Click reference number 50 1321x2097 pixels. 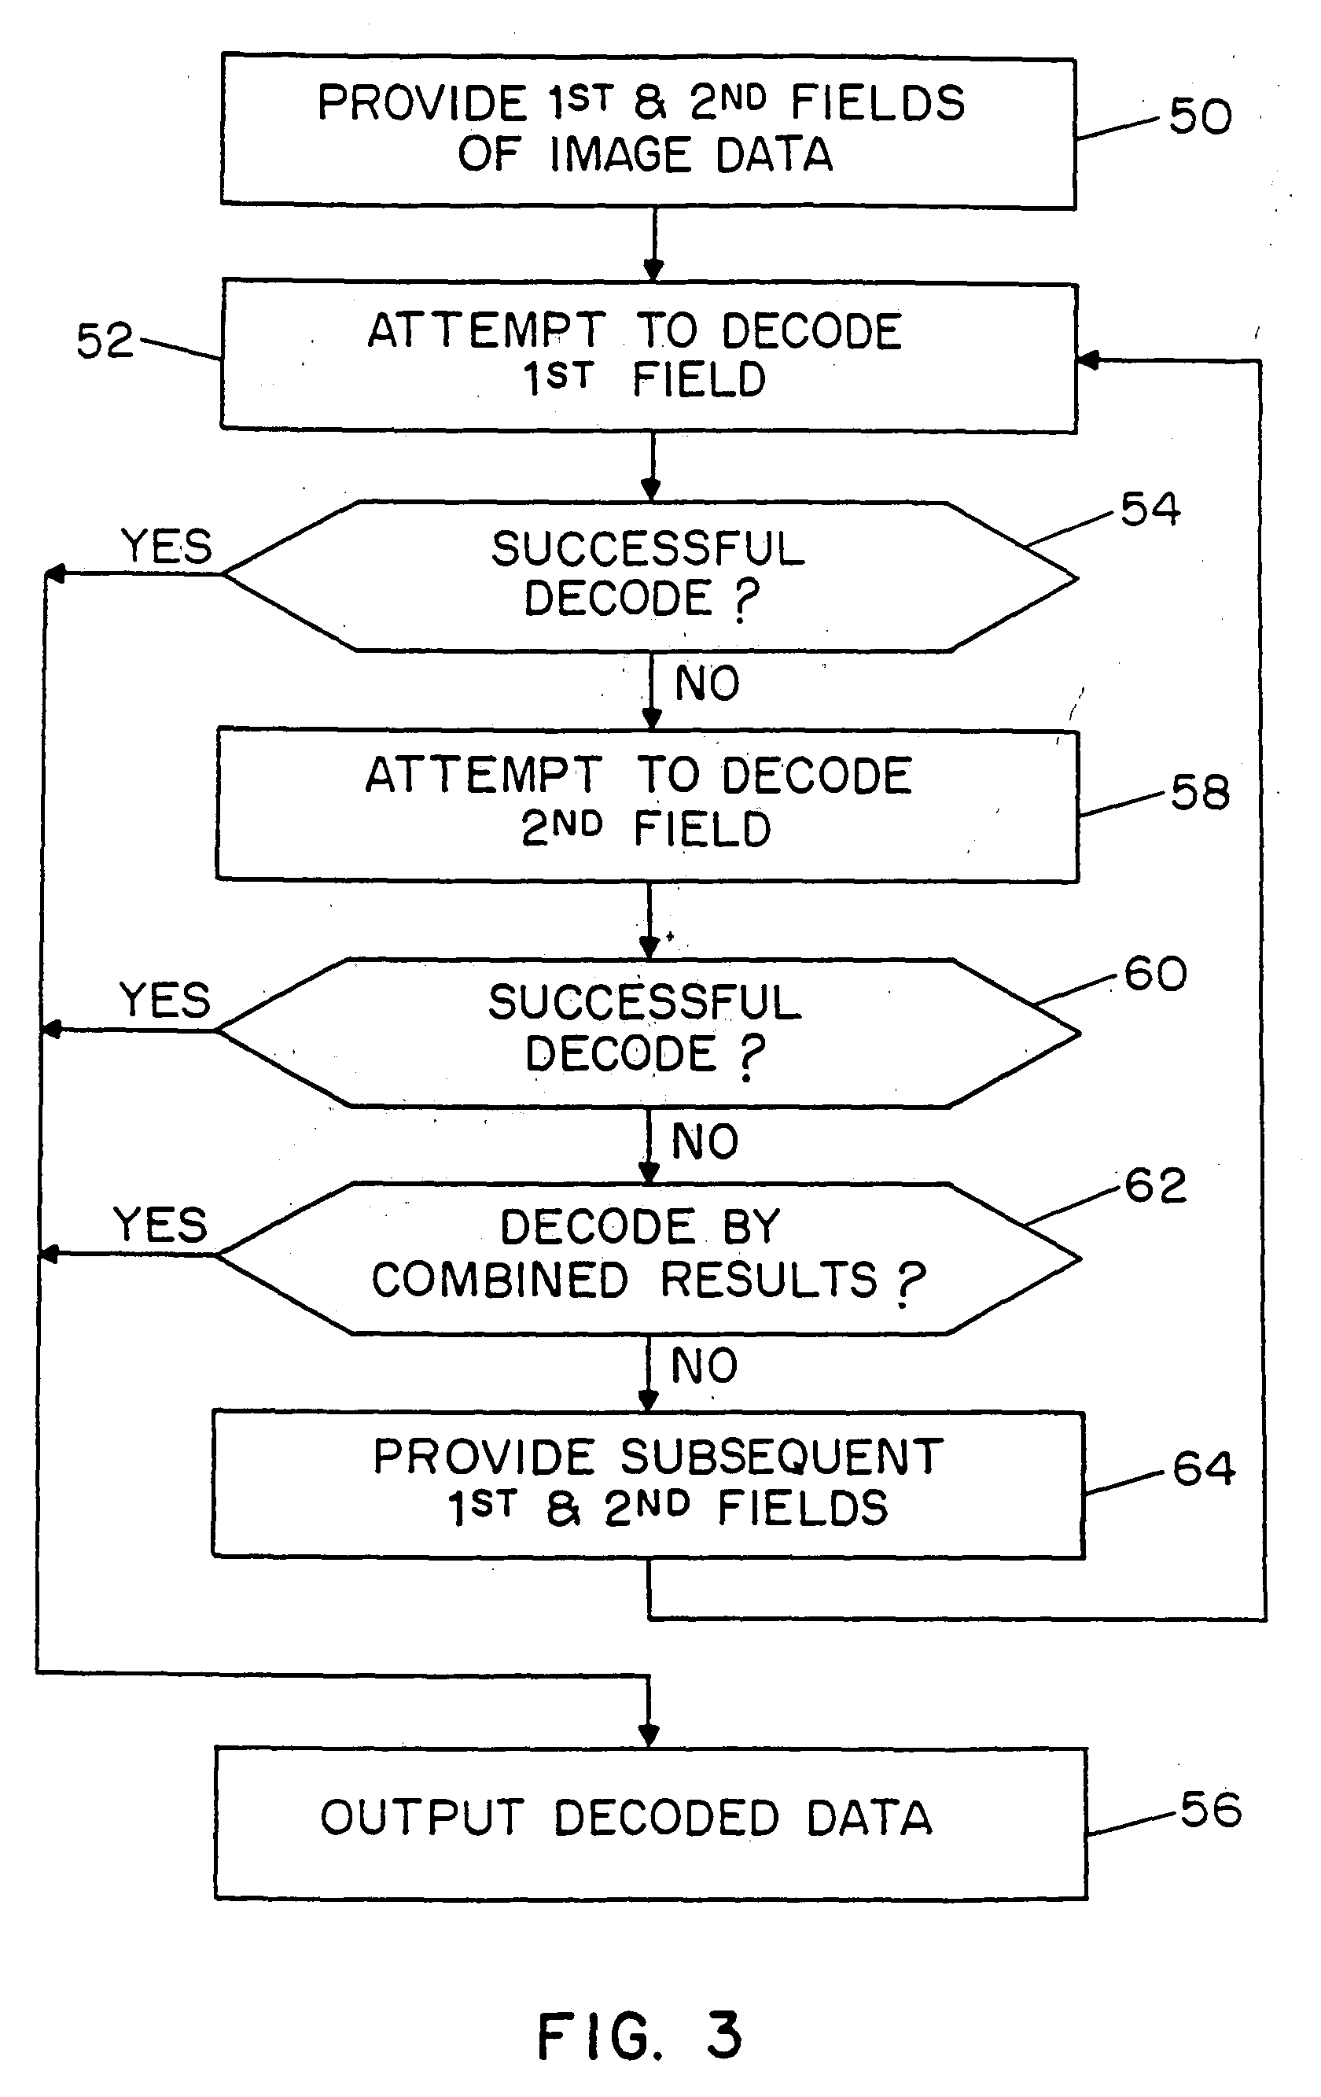pyautogui.click(x=1200, y=116)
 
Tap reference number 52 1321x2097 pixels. pyautogui.click(x=105, y=341)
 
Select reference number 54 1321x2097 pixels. pyautogui.click(x=1150, y=509)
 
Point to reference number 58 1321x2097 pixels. pyautogui.click(x=1199, y=793)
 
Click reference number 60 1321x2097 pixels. pyautogui.click(x=1154, y=973)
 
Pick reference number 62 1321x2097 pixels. pyautogui.click(x=1154, y=1185)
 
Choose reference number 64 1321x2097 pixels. pyautogui.click(x=1202, y=1469)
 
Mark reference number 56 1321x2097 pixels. pyautogui.click(x=1209, y=1810)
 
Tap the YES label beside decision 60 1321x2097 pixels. pyautogui.click(x=164, y=1000)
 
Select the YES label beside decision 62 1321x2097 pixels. pyautogui.click(x=161, y=1225)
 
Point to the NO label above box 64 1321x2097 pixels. pyautogui.click(x=705, y=1365)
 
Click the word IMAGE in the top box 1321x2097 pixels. pyautogui.click(x=621, y=156)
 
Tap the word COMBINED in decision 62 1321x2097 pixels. pyautogui.click(x=500, y=1281)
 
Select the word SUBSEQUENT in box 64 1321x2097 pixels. pyautogui.click(x=781, y=1456)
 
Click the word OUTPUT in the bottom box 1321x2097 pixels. pyautogui.click(x=422, y=1819)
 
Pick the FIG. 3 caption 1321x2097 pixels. pyautogui.click(x=639, y=2036)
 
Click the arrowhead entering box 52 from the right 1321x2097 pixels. pyautogui.click(x=1087, y=359)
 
